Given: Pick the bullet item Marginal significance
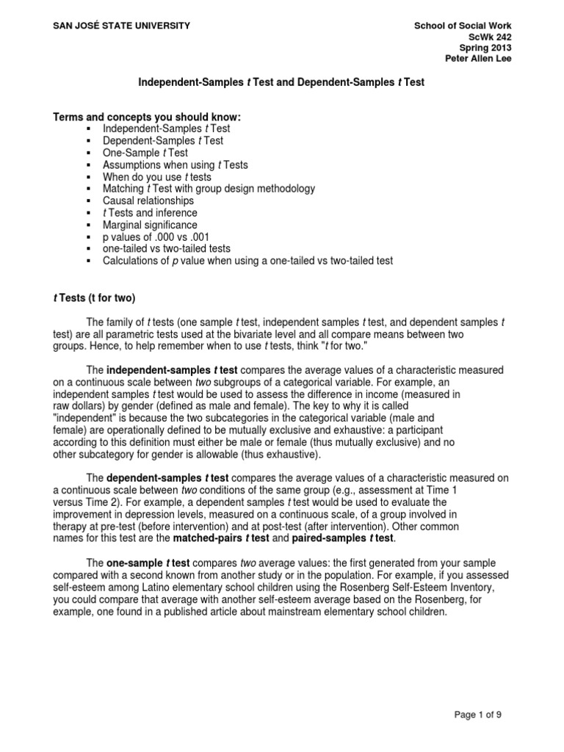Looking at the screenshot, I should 151,225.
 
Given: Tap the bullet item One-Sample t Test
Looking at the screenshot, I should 145,153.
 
